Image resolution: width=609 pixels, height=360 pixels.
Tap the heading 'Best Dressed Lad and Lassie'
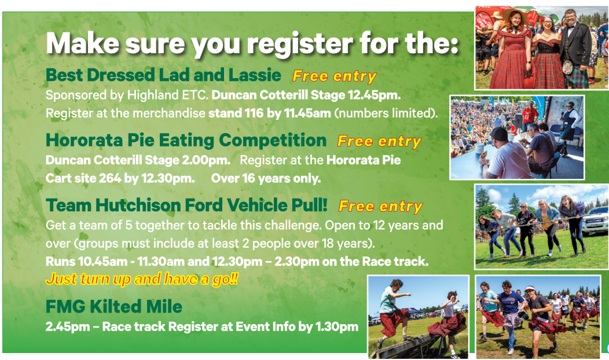[x=163, y=75]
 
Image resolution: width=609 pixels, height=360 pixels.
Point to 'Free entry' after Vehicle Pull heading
[x=381, y=207]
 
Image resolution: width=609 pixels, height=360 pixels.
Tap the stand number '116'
[x=254, y=113]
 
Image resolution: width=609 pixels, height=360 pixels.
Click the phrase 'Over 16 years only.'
[x=266, y=179]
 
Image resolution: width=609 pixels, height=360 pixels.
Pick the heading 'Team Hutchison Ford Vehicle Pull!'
[x=187, y=205]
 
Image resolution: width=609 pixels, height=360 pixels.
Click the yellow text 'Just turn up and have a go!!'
[x=142, y=279]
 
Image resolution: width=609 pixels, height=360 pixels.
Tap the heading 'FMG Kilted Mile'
[x=114, y=306]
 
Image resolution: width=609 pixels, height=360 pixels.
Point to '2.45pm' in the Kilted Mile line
[x=68, y=327]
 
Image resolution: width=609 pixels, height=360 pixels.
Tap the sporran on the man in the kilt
[x=568, y=67]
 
